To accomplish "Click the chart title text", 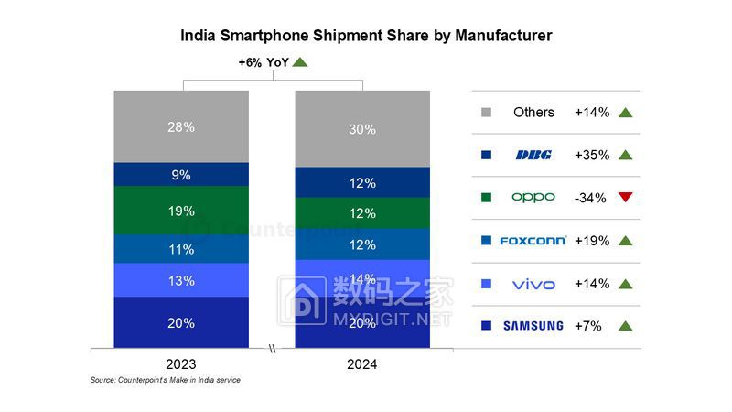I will (x=366, y=36).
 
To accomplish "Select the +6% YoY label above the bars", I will (x=263, y=62).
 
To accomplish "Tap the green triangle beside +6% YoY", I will (x=300, y=62).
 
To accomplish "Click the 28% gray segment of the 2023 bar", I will (x=181, y=126).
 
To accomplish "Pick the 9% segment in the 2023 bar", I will (x=181, y=175).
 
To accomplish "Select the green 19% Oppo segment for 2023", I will (x=181, y=211).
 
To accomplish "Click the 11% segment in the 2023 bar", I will (x=181, y=249).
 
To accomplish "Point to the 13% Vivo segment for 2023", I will (x=181, y=280).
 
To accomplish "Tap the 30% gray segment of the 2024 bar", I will (x=362, y=129).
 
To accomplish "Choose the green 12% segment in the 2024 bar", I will (x=362, y=213).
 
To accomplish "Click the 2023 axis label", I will (x=181, y=363).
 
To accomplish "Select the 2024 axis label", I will (x=362, y=363).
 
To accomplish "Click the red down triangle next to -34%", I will (x=626, y=198).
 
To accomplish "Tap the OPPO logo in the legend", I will (x=533, y=198).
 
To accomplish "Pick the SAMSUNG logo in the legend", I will (x=533, y=326).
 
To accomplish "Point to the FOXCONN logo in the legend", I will (x=533, y=241).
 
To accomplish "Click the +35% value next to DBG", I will (x=591, y=156).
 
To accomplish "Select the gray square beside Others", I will (x=486, y=113).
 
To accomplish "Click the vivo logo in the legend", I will (x=533, y=284).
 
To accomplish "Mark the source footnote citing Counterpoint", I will (x=165, y=380).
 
